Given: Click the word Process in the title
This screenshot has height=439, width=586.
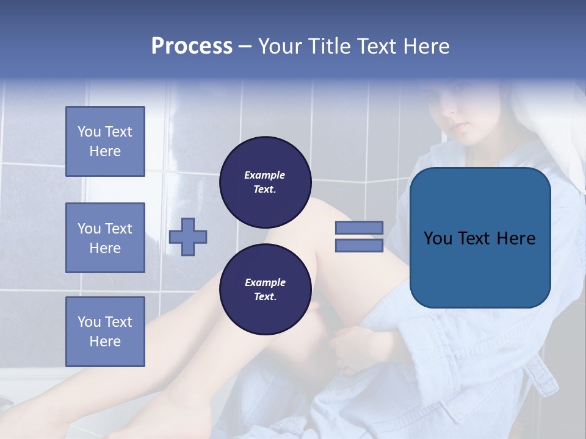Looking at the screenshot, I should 192,46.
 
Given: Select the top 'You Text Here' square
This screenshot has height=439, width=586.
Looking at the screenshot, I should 105,141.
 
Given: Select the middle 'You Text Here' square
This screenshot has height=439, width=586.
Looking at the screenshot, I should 105,238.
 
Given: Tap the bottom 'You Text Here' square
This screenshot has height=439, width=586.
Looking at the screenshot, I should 105,331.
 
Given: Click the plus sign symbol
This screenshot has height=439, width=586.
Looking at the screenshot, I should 188,236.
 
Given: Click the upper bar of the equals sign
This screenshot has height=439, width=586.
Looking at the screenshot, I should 359,227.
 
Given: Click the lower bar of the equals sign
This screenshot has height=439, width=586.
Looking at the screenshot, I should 359,245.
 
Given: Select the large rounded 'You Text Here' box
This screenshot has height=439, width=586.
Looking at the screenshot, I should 480,238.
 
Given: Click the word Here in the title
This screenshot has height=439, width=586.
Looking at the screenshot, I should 427,46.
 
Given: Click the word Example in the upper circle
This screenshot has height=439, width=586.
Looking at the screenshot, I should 265,175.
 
